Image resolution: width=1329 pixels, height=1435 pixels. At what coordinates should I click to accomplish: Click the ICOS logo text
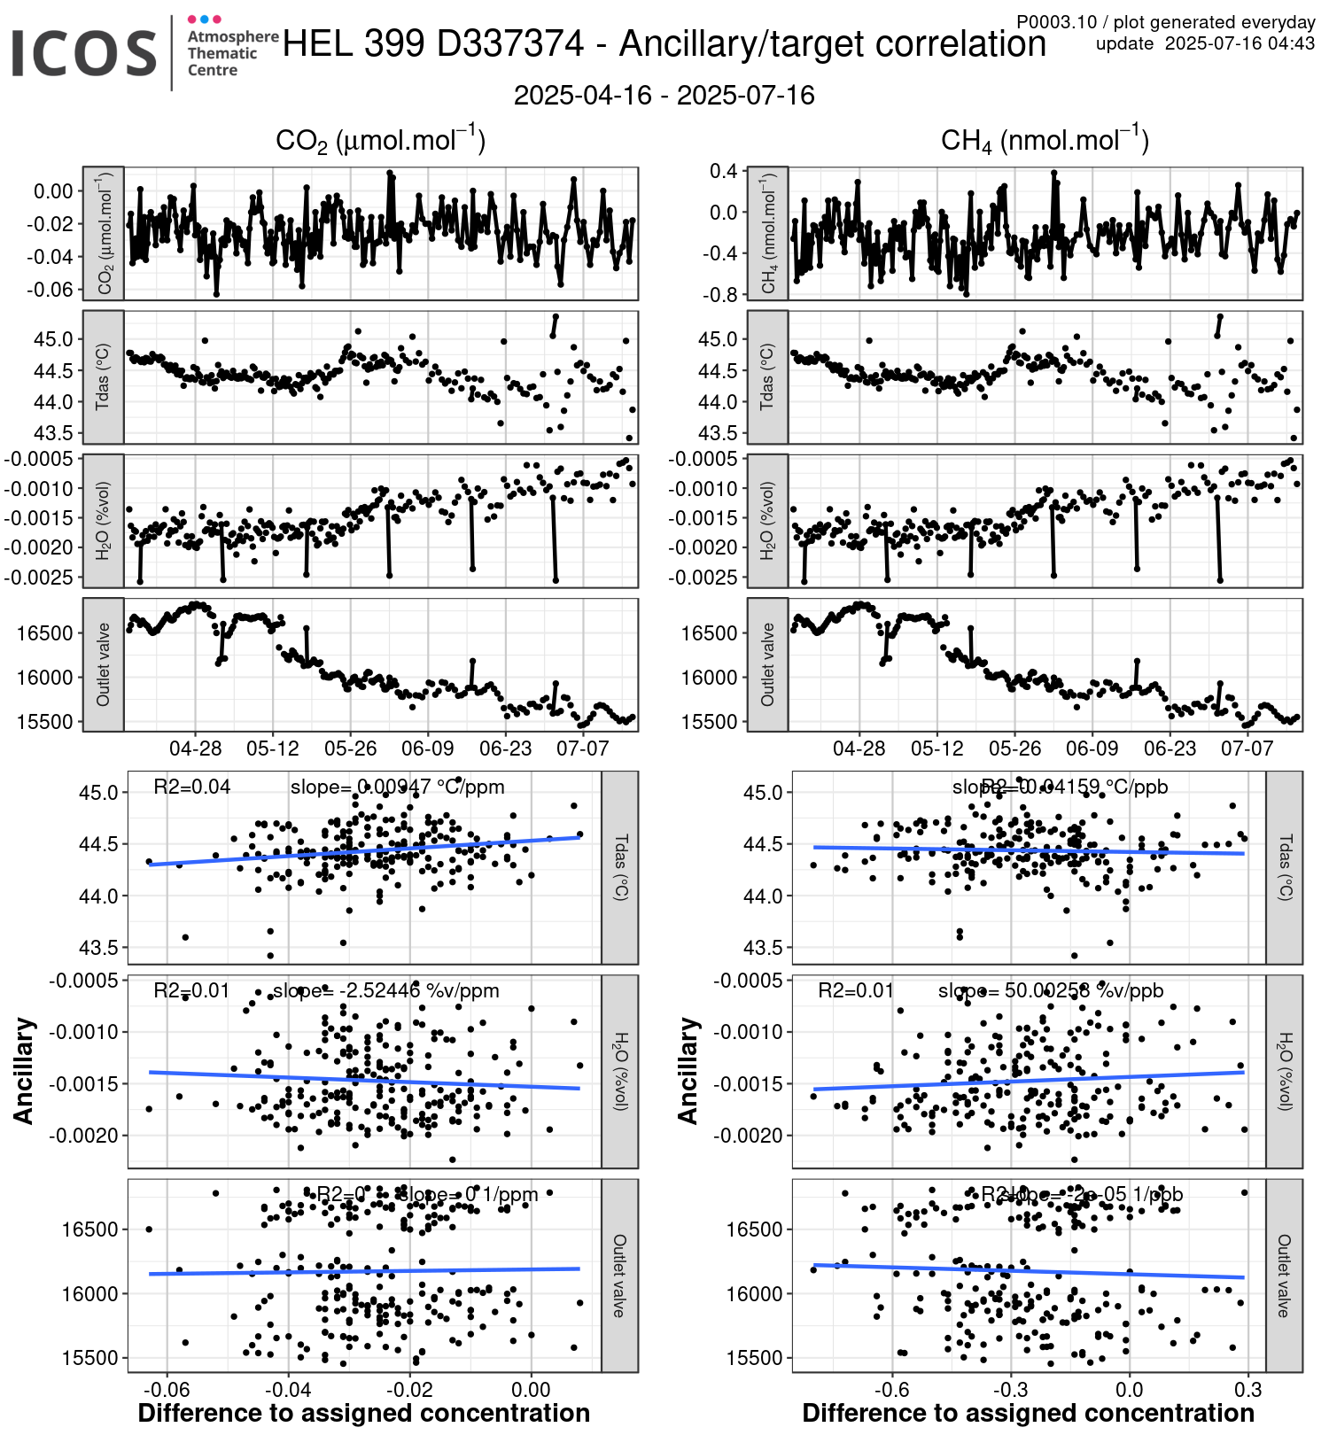(x=84, y=53)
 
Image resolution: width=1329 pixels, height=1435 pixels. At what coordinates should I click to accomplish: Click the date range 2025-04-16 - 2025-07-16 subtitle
(x=664, y=96)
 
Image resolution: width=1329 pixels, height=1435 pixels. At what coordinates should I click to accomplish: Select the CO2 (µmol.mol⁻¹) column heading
(x=380, y=141)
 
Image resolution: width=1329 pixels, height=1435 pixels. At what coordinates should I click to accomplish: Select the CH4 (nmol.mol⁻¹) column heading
(x=1045, y=141)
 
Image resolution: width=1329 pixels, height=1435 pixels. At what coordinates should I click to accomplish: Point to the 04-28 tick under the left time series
(x=195, y=749)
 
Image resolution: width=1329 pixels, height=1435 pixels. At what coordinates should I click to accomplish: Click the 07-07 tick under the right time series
(x=1247, y=749)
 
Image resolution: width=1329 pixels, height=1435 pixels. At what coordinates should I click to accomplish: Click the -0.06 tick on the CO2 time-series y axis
(x=50, y=289)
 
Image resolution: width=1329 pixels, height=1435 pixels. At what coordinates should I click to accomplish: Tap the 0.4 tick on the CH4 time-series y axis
(x=723, y=171)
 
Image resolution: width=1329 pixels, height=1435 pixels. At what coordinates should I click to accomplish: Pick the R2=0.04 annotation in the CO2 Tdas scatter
(x=191, y=787)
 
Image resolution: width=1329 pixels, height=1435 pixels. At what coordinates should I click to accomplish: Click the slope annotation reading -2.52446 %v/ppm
(x=385, y=990)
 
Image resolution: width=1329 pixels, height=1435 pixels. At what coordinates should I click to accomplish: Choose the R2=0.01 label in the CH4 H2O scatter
(x=855, y=990)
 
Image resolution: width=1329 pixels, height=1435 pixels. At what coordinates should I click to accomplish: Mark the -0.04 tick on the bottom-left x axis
(x=288, y=1389)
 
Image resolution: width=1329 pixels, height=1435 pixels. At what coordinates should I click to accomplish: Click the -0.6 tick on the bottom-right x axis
(x=891, y=1389)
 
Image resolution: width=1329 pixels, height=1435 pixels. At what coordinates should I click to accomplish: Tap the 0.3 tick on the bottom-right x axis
(x=1247, y=1389)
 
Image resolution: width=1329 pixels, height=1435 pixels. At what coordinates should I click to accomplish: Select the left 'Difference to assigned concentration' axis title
(x=363, y=1413)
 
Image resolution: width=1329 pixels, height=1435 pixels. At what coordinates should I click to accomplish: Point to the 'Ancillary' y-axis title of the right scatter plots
(x=688, y=1071)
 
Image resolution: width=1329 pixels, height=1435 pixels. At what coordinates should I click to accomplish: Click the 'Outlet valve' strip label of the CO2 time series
(x=103, y=664)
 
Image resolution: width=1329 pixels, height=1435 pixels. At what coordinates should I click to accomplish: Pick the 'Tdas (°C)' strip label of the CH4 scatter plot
(x=1285, y=867)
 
